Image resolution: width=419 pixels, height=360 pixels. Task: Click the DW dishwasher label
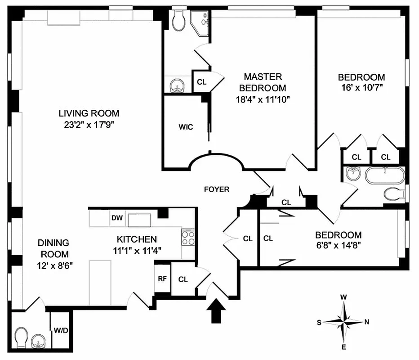click(116, 218)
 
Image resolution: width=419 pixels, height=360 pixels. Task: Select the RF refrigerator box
click(162, 279)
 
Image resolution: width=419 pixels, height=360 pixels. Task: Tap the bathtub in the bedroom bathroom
click(384, 175)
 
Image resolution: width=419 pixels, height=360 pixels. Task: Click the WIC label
click(185, 127)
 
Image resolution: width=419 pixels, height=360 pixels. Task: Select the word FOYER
click(217, 189)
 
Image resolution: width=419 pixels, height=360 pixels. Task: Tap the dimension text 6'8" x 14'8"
click(338, 246)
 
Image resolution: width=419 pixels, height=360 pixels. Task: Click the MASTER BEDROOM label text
click(263, 82)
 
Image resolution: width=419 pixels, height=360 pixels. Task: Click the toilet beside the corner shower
click(178, 18)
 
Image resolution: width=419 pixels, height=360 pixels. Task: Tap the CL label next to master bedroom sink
click(201, 82)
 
